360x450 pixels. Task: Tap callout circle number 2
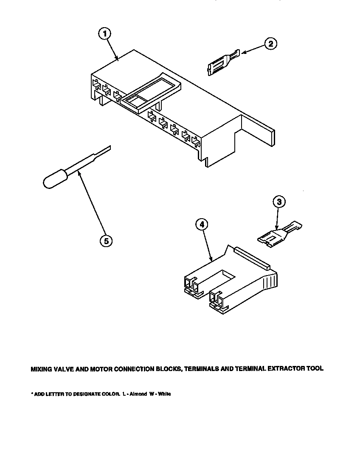[x=270, y=44]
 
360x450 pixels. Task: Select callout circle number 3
[x=278, y=202]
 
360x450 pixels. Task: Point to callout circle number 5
[x=106, y=241]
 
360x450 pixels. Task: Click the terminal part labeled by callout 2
[x=221, y=61]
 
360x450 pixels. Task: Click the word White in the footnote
[x=165, y=394]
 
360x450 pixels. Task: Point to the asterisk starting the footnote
[x=32, y=394]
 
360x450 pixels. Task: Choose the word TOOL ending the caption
[x=315, y=369]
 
